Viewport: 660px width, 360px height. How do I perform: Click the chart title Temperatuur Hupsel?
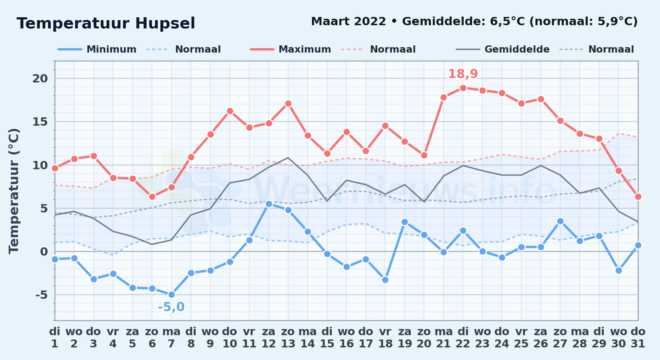[x=106, y=23]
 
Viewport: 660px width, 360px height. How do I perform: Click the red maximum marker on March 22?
[x=463, y=88]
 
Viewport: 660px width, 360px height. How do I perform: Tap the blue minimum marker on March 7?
[x=171, y=294]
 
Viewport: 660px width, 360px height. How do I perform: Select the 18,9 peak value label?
[x=463, y=74]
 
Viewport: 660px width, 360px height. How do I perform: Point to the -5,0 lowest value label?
[x=171, y=307]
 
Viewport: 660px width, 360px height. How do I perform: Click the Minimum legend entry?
[x=97, y=49]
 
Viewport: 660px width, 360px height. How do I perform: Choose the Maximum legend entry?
[x=290, y=49]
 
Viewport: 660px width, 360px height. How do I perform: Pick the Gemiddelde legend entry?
[x=503, y=49]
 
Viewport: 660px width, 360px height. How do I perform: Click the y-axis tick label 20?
[x=40, y=78]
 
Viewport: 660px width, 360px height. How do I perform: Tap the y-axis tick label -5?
[x=41, y=295]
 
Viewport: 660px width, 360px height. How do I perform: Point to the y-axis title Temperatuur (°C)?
[x=14, y=191]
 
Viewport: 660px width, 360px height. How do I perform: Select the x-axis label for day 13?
[x=288, y=338]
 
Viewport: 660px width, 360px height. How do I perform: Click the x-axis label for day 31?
[x=638, y=338]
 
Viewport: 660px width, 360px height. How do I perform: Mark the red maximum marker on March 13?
[x=288, y=103]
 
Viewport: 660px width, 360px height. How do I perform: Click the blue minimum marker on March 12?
[x=268, y=204]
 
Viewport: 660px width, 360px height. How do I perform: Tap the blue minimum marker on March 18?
[x=385, y=280]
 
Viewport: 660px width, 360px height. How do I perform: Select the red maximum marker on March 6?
[x=152, y=197]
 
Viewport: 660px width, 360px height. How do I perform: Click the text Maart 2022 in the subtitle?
[x=348, y=22]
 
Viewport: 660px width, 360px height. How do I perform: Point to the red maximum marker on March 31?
[x=638, y=197]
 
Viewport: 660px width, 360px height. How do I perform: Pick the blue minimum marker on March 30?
[x=619, y=270]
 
